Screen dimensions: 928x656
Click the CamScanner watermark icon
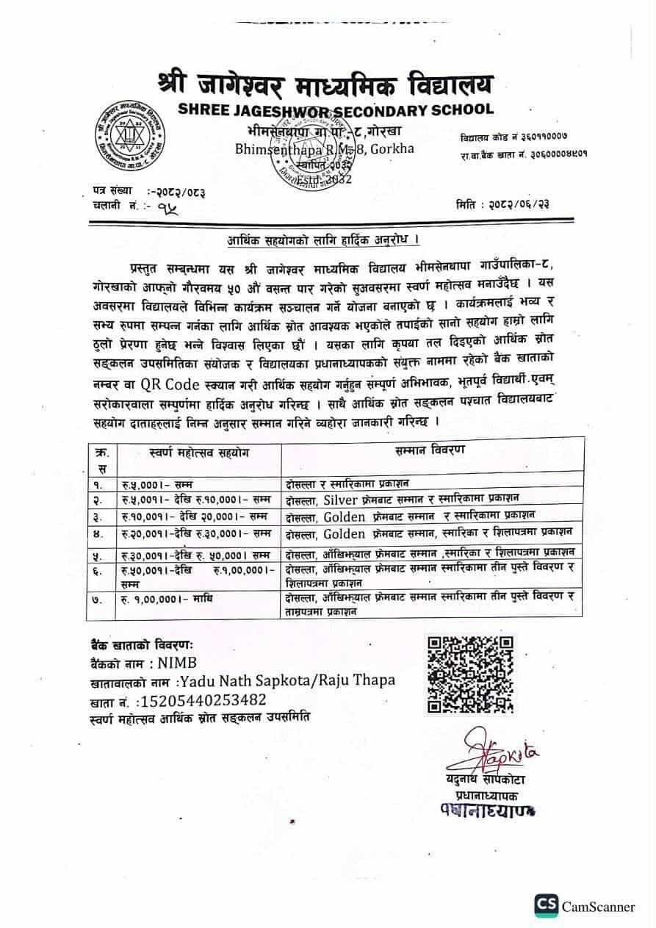pyautogui.click(x=546, y=905)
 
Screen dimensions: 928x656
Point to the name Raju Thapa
pyautogui.click(x=357, y=680)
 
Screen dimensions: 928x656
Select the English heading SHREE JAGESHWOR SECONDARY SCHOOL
pyautogui.click(x=335, y=110)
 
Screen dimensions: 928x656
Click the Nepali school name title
pyautogui.click(x=326, y=84)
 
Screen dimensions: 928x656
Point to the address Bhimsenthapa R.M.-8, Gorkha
pyautogui.click(x=324, y=148)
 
